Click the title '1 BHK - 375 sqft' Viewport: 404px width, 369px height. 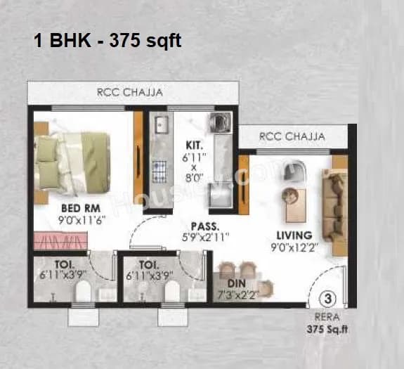(x=107, y=41)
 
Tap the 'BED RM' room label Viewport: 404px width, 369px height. (x=74, y=208)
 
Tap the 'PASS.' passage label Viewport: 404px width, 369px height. (x=206, y=226)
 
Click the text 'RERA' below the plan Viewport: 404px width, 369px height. (x=329, y=316)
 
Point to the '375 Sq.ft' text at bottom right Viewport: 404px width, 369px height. (x=328, y=328)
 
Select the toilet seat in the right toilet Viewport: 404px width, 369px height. (x=171, y=291)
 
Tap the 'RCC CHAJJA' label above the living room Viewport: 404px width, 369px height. (x=292, y=136)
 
